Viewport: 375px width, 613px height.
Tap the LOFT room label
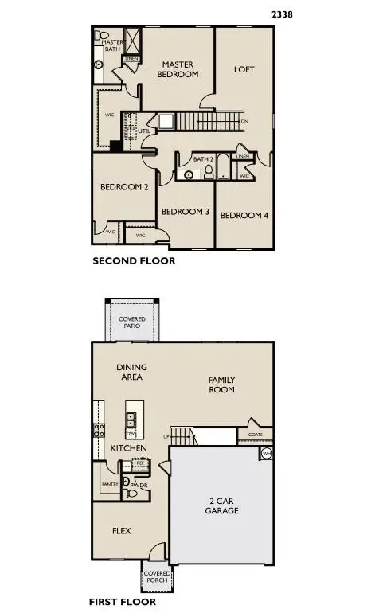(x=244, y=69)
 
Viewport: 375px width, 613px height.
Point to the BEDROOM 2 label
(x=124, y=188)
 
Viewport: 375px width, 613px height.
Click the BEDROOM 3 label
(x=186, y=213)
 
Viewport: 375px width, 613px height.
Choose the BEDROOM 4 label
(x=244, y=216)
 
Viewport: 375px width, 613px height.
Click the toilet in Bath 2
(x=209, y=171)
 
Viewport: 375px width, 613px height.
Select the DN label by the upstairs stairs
(x=244, y=121)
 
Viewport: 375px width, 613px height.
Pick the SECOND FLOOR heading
(x=134, y=261)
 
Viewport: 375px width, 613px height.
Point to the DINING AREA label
(x=132, y=372)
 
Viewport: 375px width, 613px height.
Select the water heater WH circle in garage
(x=266, y=455)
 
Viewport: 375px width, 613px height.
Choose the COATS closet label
(x=255, y=435)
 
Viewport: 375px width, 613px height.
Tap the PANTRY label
(x=109, y=484)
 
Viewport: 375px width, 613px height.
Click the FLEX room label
(x=121, y=531)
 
